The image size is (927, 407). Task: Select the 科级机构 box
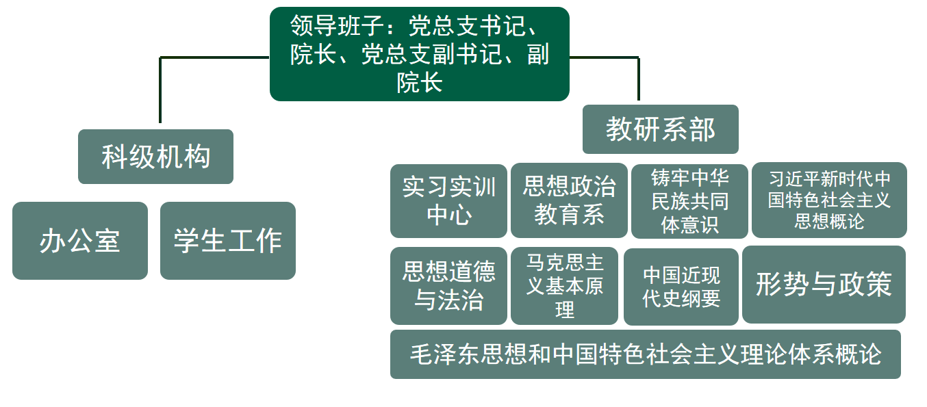pyautogui.click(x=155, y=157)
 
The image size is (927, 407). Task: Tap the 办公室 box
pyautogui.click(x=80, y=241)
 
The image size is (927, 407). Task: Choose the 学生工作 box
pyautogui.click(x=228, y=241)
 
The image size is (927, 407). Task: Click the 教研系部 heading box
pyautogui.click(x=660, y=129)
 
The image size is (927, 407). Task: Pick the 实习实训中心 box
pyautogui.click(x=448, y=201)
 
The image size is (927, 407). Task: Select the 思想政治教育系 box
pyautogui.click(x=569, y=200)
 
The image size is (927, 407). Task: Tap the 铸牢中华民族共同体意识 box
pyautogui.click(x=689, y=201)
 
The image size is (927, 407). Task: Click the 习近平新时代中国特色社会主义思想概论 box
pyautogui.click(x=829, y=200)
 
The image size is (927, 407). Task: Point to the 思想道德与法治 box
pyautogui.click(x=448, y=286)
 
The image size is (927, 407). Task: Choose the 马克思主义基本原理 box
pyautogui.click(x=565, y=286)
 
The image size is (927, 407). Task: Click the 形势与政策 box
pyautogui.click(x=824, y=285)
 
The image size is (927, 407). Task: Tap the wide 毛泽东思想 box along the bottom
pyautogui.click(x=645, y=354)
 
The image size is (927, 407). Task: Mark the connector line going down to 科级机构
pyautogui.click(x=160, y=89)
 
